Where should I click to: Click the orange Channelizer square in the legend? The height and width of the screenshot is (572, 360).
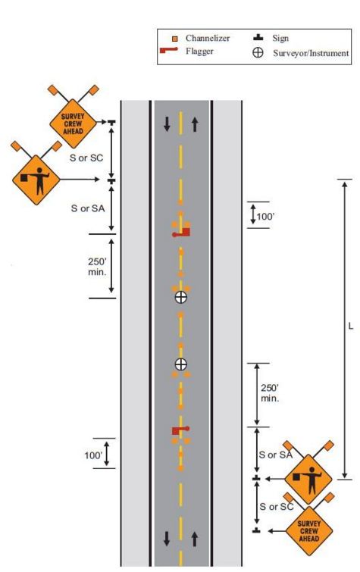(x=175, y=39)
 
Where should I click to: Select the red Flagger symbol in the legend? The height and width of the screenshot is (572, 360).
(x=169, y=50)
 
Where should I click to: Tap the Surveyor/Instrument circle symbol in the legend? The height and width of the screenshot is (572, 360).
(x=258, y=52)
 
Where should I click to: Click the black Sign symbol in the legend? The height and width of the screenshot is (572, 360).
(x=258, y=38)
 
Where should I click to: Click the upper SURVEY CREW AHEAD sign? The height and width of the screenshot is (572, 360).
(x=73, y=123)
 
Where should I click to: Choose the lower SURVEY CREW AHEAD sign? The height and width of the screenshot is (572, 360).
(x=309, y=531)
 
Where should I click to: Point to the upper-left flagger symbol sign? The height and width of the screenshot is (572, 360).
(x=36, y=180)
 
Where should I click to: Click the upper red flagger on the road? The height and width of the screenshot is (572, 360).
(x=181, y=233)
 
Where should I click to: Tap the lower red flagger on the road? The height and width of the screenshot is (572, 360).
(x=180, y=430)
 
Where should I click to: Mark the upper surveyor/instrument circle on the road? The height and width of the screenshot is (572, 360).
(x=180, y=297)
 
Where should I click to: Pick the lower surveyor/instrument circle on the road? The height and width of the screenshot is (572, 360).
(x=180, y=364)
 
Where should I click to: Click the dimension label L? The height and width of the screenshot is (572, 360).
(x=350, y=326)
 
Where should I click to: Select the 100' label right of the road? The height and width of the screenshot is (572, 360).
(x=265, y=217)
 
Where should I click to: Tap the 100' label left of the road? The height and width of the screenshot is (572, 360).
(x=93, y=455)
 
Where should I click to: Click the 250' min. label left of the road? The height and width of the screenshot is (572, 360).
(x=97, y=267)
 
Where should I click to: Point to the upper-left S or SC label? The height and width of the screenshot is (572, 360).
(x=86, y=158)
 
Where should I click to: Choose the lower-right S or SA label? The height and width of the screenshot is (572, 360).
(x=276, y=455)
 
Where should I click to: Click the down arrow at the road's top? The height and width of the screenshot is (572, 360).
(x=167, y=124)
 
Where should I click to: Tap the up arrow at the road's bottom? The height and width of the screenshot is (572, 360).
(x=195, y=539)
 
